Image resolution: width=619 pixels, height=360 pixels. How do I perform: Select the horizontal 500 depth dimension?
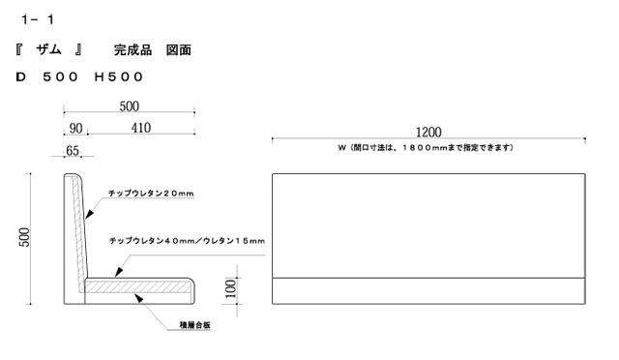130,105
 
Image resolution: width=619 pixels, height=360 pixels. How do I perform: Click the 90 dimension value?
74,128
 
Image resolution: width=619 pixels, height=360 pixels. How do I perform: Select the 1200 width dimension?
429,133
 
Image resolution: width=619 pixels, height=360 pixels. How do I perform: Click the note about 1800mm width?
429,148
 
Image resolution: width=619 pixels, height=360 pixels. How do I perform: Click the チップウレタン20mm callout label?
152,194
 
